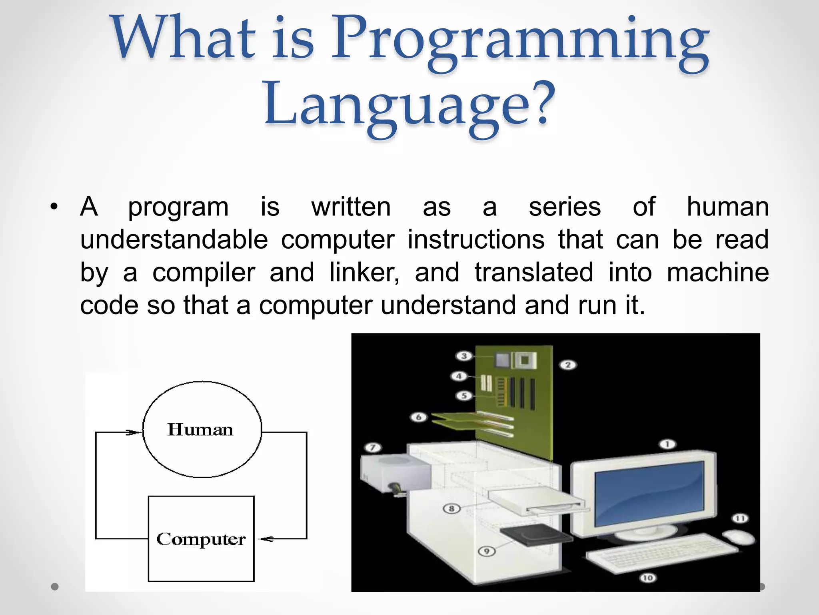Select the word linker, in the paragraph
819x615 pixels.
pos(364,272)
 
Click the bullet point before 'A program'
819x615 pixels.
pos(54,207)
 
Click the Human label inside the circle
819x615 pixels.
pos(200,430)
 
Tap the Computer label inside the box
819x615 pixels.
pos(201,539)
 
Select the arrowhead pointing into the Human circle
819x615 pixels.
pos(134,432)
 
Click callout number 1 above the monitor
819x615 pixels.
pos(667,444)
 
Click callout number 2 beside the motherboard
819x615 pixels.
pos(568,365)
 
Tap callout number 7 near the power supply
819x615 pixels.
pos(373,447)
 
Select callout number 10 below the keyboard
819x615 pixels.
pos(648,578)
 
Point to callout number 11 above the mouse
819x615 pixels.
pos(740,519)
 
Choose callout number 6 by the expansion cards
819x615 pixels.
pos(419,417)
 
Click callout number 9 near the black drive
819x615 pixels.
pos(487,551)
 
